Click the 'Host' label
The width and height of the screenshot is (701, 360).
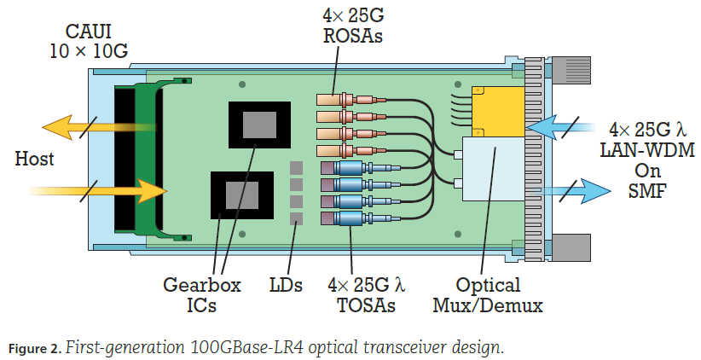click(x=35, y=159)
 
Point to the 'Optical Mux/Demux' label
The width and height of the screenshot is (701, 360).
click(x=489, y=295)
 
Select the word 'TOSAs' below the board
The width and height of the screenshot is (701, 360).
click(x=362, y=305)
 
